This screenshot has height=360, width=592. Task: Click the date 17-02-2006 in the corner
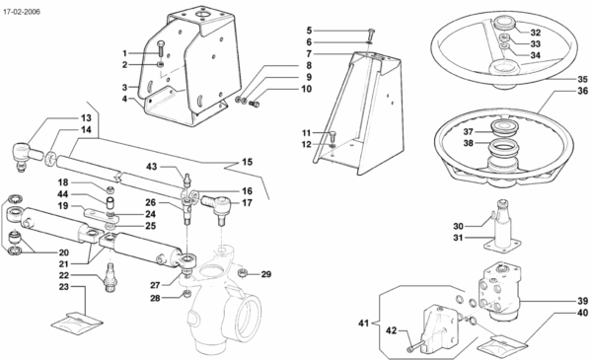(22, 12)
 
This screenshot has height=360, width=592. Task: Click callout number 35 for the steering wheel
(582, 79)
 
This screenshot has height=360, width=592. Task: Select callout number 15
(247, 162)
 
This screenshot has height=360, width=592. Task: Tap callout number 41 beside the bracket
(363, 324)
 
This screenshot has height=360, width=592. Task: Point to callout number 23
(64, 287)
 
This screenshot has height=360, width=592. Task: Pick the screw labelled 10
(256, 103)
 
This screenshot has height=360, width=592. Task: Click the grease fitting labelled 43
(186, 180)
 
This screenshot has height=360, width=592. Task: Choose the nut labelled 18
(111, 188)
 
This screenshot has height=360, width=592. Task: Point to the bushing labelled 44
(110, 203)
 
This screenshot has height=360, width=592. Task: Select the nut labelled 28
(185, 293)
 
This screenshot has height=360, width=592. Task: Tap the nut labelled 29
(243, 272)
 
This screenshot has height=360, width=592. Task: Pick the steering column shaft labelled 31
(502, 228)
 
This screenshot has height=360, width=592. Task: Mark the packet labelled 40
(502, 342)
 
